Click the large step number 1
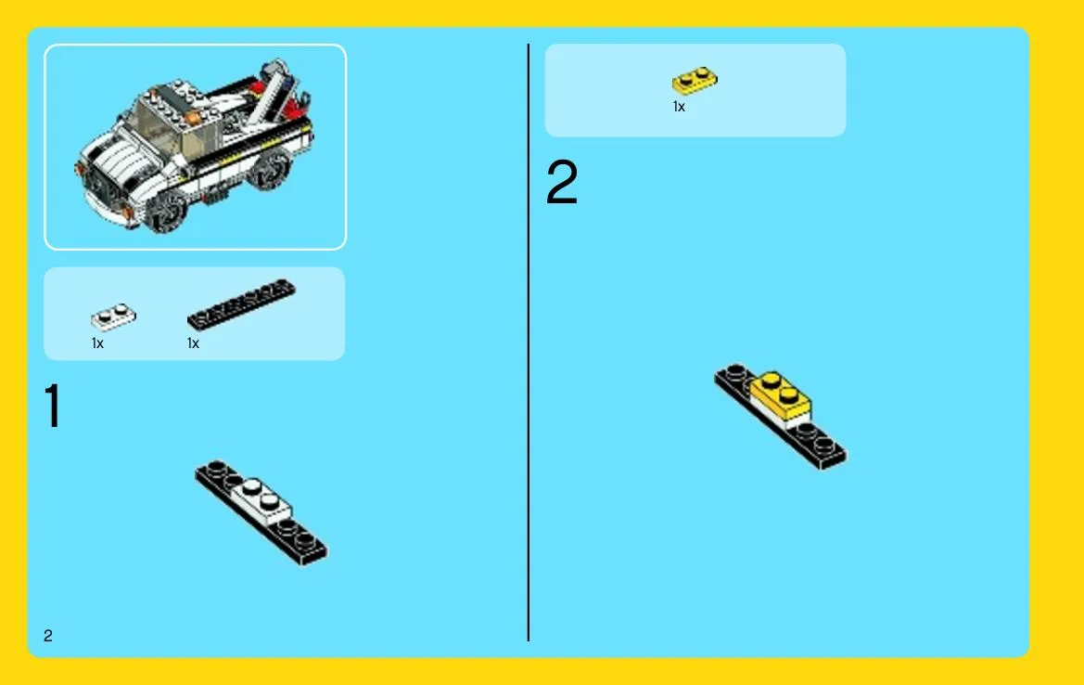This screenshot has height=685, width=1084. click(x=53, y=407)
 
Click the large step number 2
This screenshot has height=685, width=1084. click(x=561, y=181)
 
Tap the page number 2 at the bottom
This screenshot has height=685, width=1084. click(x=47, y=636)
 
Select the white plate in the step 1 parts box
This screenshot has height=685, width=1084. click(x=113, y=317)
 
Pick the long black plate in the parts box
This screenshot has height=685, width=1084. click(x=241, y=304)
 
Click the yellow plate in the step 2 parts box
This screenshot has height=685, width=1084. click(x=695, y=80)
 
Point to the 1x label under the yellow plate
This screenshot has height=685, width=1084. click(x=679, y=107)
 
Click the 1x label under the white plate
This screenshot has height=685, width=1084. click(x=97, y=343)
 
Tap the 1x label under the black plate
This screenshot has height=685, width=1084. click(x=193, y=343)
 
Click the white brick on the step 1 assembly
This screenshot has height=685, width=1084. click(x=261, y=500)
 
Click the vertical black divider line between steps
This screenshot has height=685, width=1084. click(x=529, y=342)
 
